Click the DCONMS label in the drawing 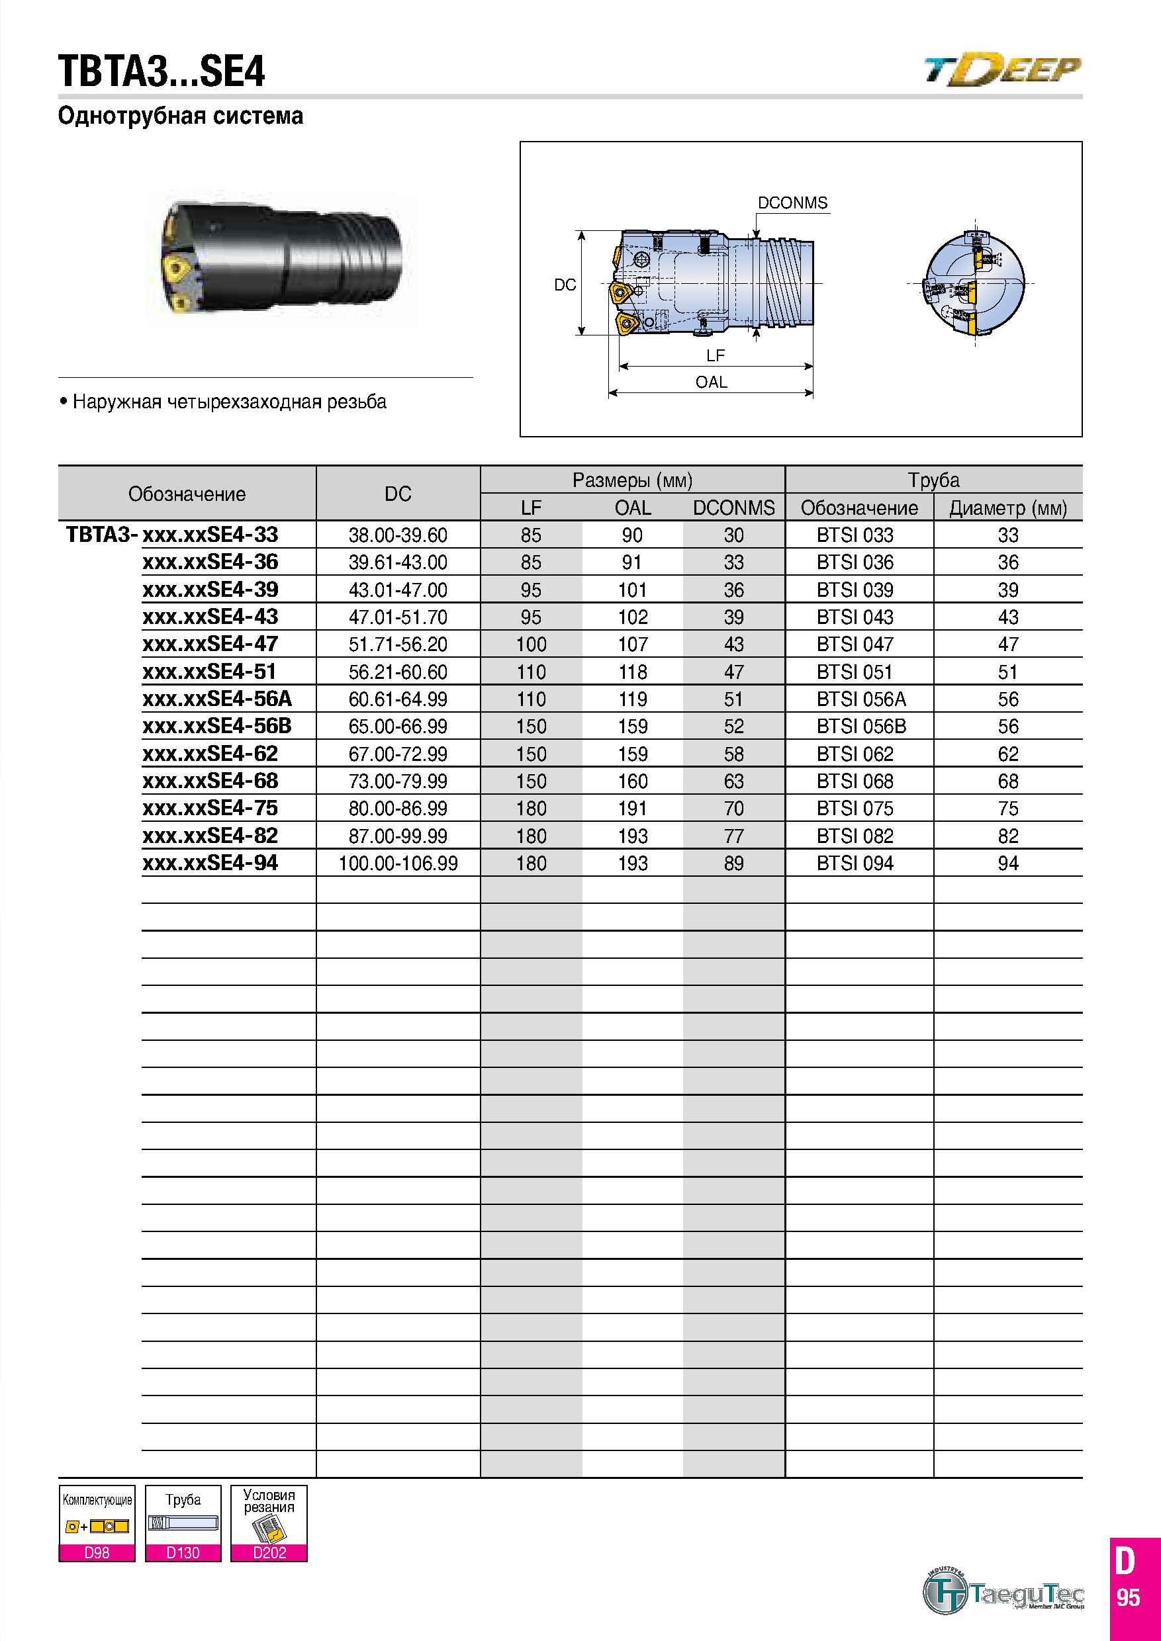click(x=792, y=203)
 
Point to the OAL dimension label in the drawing click(x=712, y=382)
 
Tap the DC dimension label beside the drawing click(x=565, y=285)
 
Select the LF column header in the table click(x=531, y=508)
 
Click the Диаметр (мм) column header click(x=1008, y=508)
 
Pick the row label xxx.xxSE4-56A click(x=217, y=698)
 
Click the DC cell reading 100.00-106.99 click(x=398, y=864)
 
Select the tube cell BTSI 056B click(x=861, y=726)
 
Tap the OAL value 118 click(x=633, y=672)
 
